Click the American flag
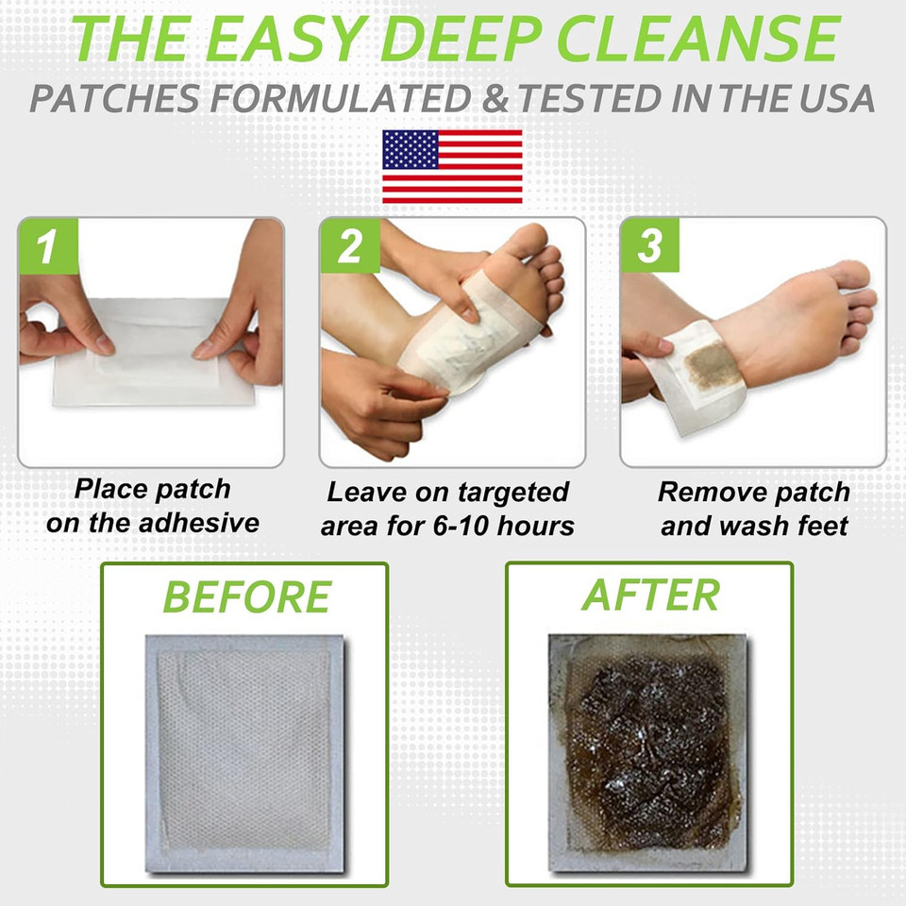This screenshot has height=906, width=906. tap(452, 166)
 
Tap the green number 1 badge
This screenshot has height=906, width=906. tap(45, 246)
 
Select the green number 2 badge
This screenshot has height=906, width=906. tap(348, 246)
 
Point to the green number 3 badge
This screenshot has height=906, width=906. tap(649, 246)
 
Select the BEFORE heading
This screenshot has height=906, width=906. tap(246, 597)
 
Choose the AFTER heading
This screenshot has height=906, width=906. tap(650, 595)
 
